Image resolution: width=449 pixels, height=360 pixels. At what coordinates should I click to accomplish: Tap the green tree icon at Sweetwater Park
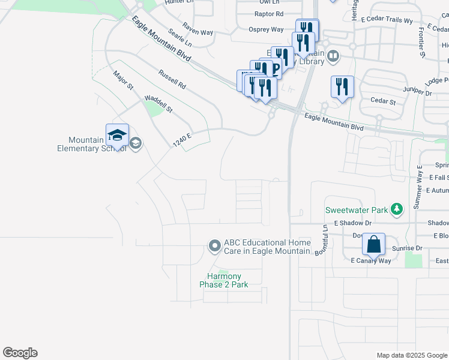[x=396, y=209]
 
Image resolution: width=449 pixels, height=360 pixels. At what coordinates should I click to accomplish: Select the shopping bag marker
[x=373, y=245]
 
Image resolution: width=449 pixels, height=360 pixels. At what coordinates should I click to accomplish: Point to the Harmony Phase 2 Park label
[x=223, y=280]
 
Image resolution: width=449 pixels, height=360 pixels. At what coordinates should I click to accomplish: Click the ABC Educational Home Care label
[x=267, y=247]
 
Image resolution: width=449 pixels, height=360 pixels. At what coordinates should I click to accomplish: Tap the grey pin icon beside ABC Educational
[x=214, y=246]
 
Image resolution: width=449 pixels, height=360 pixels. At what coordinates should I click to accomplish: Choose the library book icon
[x=333, y=57]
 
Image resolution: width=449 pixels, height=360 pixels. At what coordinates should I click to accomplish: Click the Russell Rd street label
[x=172, y=79]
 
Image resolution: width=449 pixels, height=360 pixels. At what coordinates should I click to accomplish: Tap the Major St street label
[x=123, y=80]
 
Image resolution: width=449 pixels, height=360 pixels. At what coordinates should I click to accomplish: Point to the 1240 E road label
[x=182, y=140]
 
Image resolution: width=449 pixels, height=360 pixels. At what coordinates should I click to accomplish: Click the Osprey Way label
[x=266, y=29]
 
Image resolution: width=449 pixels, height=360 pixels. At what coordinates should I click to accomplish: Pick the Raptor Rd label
[x=268, y=13]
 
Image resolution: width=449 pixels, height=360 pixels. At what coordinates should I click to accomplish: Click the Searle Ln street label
[x=179, y=38]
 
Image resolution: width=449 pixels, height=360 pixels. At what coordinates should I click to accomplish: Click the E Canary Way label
[x=371, y=260]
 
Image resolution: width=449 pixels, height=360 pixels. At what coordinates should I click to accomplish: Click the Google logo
[x=20, y=353]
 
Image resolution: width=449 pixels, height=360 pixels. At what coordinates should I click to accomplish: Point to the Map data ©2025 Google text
[x=411, y=355]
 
